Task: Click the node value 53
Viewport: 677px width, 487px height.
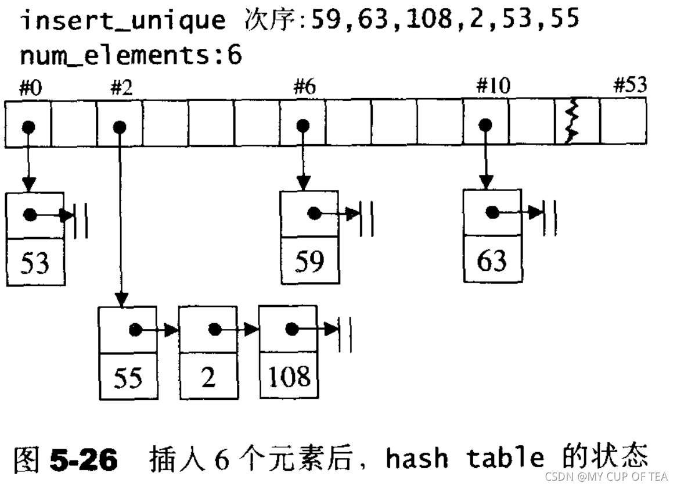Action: click(35, 264)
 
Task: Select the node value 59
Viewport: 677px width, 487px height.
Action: click(309, 262)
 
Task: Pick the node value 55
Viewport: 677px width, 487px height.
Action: click(128, 378)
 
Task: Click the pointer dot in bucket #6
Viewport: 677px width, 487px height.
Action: click(303, 126)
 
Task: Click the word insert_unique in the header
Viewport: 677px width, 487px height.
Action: click(123, 21)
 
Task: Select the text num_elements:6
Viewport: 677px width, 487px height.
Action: click(131, 56)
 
